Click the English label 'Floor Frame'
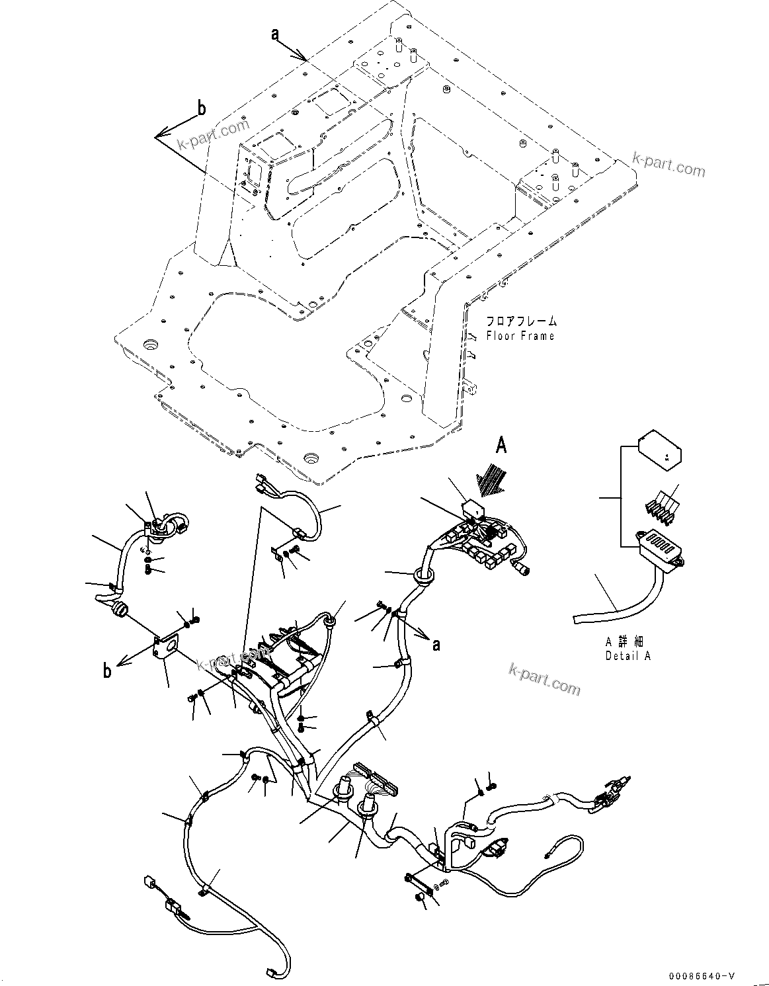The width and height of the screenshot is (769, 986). (520, 336)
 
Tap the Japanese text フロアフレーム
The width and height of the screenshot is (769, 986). (521, 321)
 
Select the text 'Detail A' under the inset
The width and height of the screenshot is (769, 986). (627, 656)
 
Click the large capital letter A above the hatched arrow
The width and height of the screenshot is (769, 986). (501, 448)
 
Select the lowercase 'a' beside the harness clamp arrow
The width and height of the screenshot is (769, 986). (436, 644)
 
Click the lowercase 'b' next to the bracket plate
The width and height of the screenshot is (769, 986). (107, 672)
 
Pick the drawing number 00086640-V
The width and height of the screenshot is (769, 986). (702, 976)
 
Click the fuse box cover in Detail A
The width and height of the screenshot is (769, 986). (659, 450)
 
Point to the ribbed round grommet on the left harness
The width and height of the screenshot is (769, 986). (119, 608)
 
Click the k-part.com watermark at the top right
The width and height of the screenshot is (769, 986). (668, 165)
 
